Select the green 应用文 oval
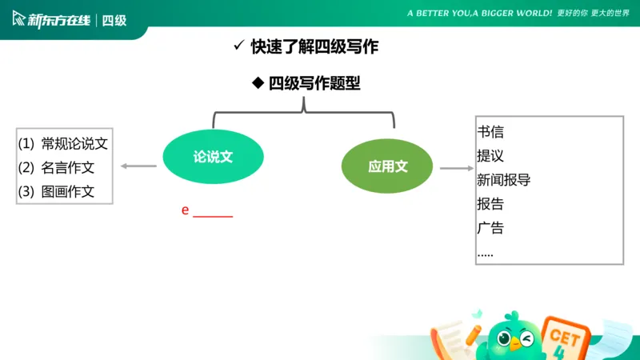coord(388,166)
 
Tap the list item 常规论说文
coord(74,144)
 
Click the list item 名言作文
coord(68,168)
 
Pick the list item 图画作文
coord(68,192)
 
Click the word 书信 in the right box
coord(490,132)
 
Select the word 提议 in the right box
coord(490,156)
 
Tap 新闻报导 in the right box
coord(504,180)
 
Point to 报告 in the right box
coord(490,204)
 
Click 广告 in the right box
coord(490,228)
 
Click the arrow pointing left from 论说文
coord(138,166)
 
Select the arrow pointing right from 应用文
coord(457,169)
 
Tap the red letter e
coord(186,210)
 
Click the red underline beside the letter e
coord(213,217)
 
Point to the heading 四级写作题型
coord(314,83)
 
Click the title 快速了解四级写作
coord(314,47)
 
